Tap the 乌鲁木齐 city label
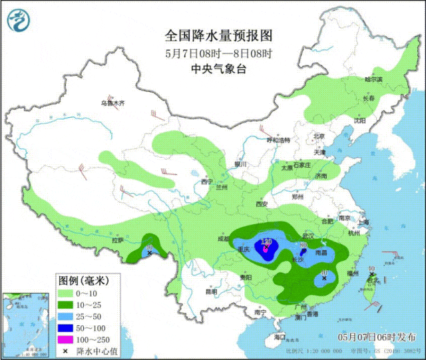112,103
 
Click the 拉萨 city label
118,240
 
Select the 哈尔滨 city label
373,79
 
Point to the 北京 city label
318,136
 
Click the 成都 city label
222,238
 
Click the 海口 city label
279,337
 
